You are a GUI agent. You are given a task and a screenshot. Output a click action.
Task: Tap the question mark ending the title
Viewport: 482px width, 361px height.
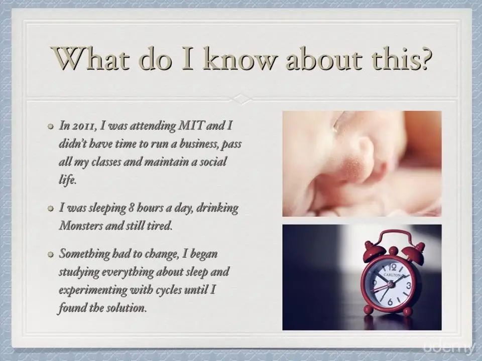click(x=422, y=58)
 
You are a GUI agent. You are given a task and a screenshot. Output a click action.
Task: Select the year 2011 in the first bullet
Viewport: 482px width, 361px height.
click(x=83, y=126)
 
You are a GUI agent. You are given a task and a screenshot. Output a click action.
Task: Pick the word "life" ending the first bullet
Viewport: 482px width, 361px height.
click(x=67, y=179)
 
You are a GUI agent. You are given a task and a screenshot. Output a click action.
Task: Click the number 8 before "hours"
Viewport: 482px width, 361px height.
click(x=131, y=208)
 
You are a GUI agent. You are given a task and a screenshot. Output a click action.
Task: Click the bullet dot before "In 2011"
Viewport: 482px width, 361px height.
click(x=50, y=127)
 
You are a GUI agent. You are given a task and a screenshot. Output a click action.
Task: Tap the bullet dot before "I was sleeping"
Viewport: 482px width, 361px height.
click(x=50, y=209)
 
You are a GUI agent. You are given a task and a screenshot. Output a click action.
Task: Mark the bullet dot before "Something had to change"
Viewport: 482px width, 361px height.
click(x=50, y=255)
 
